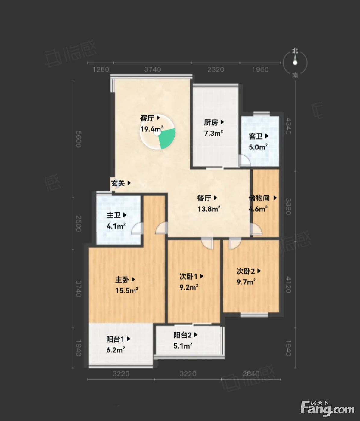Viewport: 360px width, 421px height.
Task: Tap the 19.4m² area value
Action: click(152, 129)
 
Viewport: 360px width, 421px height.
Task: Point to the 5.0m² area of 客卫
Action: click(258, 147)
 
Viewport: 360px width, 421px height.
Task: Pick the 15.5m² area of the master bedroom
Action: click(127, 290)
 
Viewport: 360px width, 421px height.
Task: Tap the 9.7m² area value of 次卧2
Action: click(246, 282)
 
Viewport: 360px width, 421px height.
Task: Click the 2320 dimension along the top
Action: click(216, 70)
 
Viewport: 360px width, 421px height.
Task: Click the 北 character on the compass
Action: click(295, 51)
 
